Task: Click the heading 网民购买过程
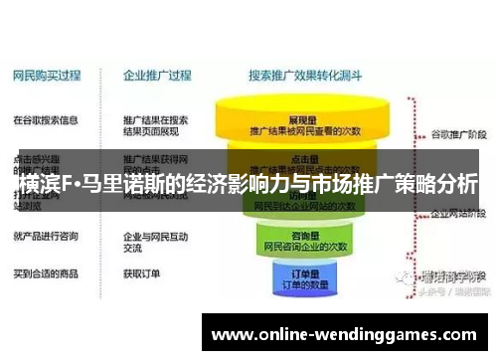coord(47,75)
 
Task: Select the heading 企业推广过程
coord(156,75)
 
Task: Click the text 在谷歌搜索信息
coord(46,120)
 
